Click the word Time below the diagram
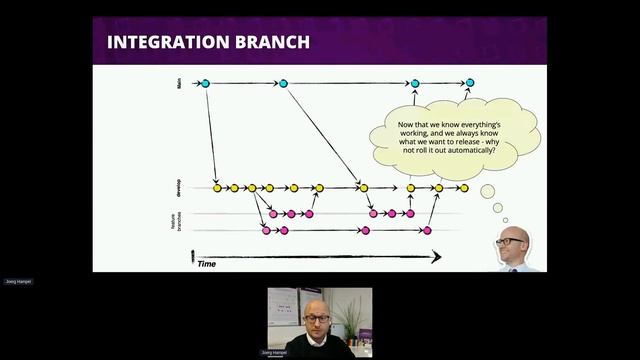[207, 263]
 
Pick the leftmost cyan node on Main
[205, 83]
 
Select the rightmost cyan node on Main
[470, 83]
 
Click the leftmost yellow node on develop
[217, 187]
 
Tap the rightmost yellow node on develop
[464, 187]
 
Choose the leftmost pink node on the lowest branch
[266, 231]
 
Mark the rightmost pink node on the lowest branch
[427, 231]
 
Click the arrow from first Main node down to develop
[211, 135]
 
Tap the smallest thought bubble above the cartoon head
[506, 220]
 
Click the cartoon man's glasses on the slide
[511, 241]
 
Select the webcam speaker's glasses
[317, 318]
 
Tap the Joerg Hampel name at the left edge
[18, 281]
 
